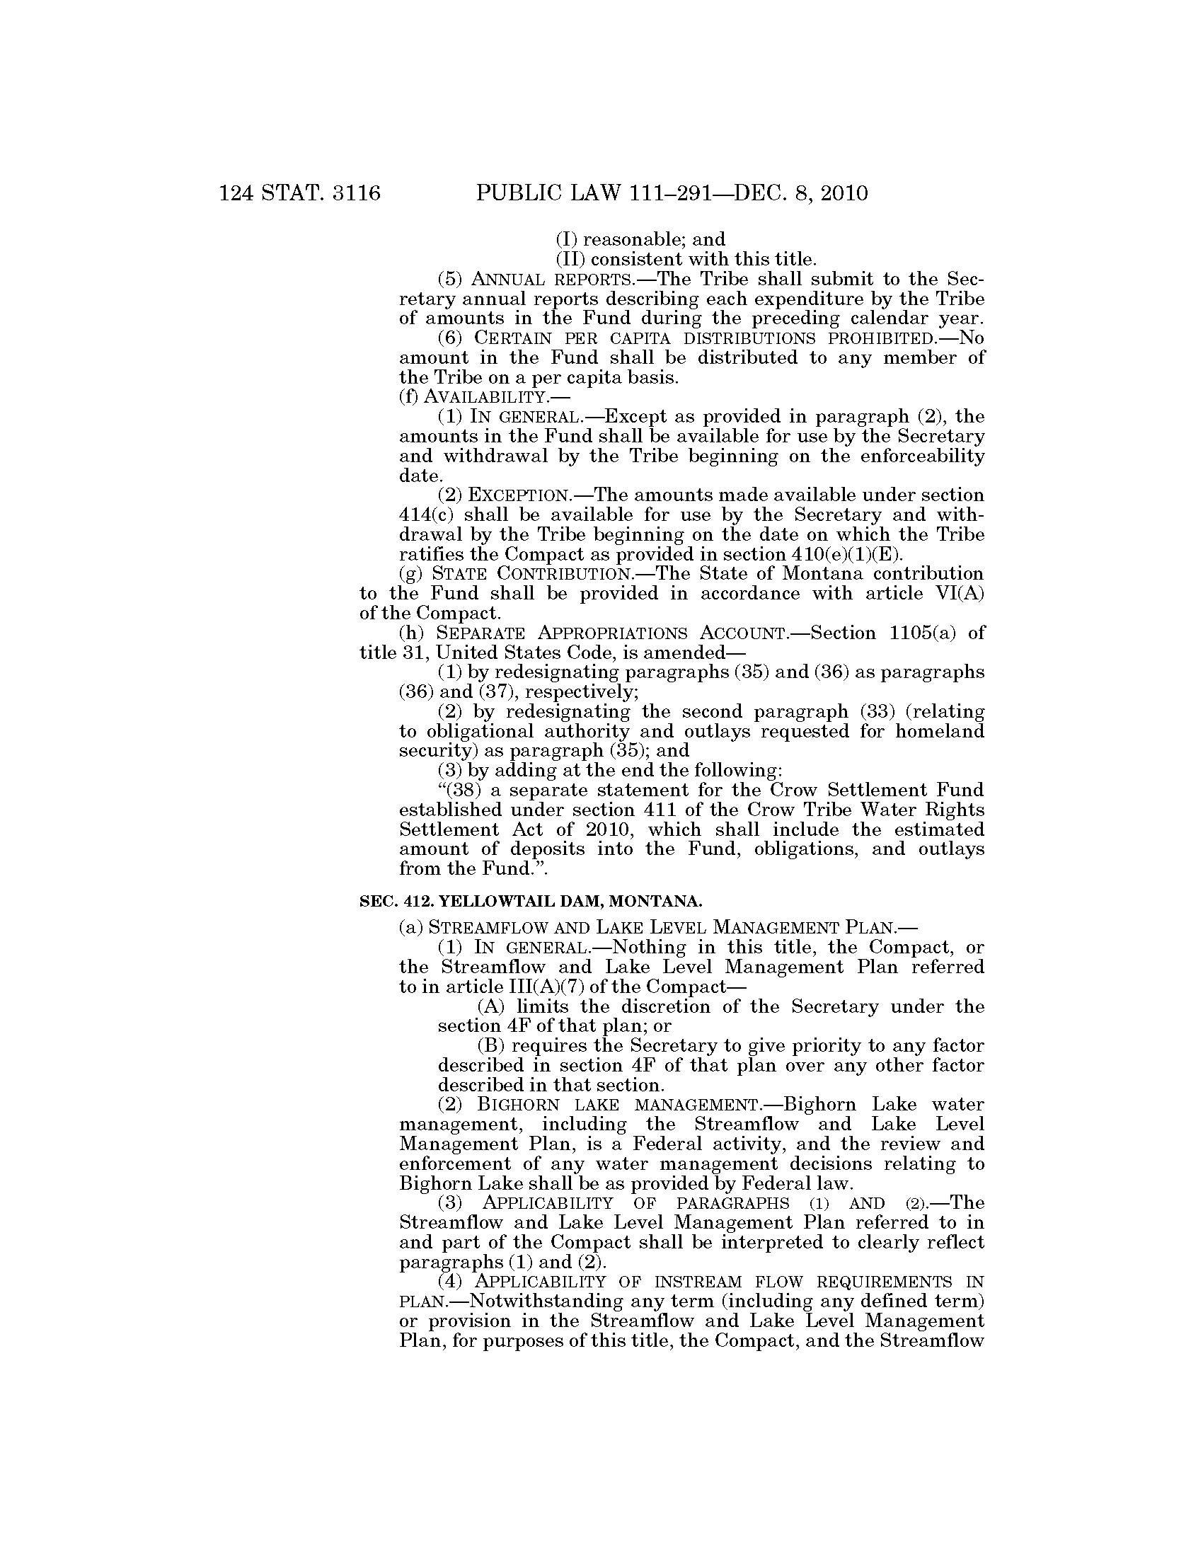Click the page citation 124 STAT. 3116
pos(300,193)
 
